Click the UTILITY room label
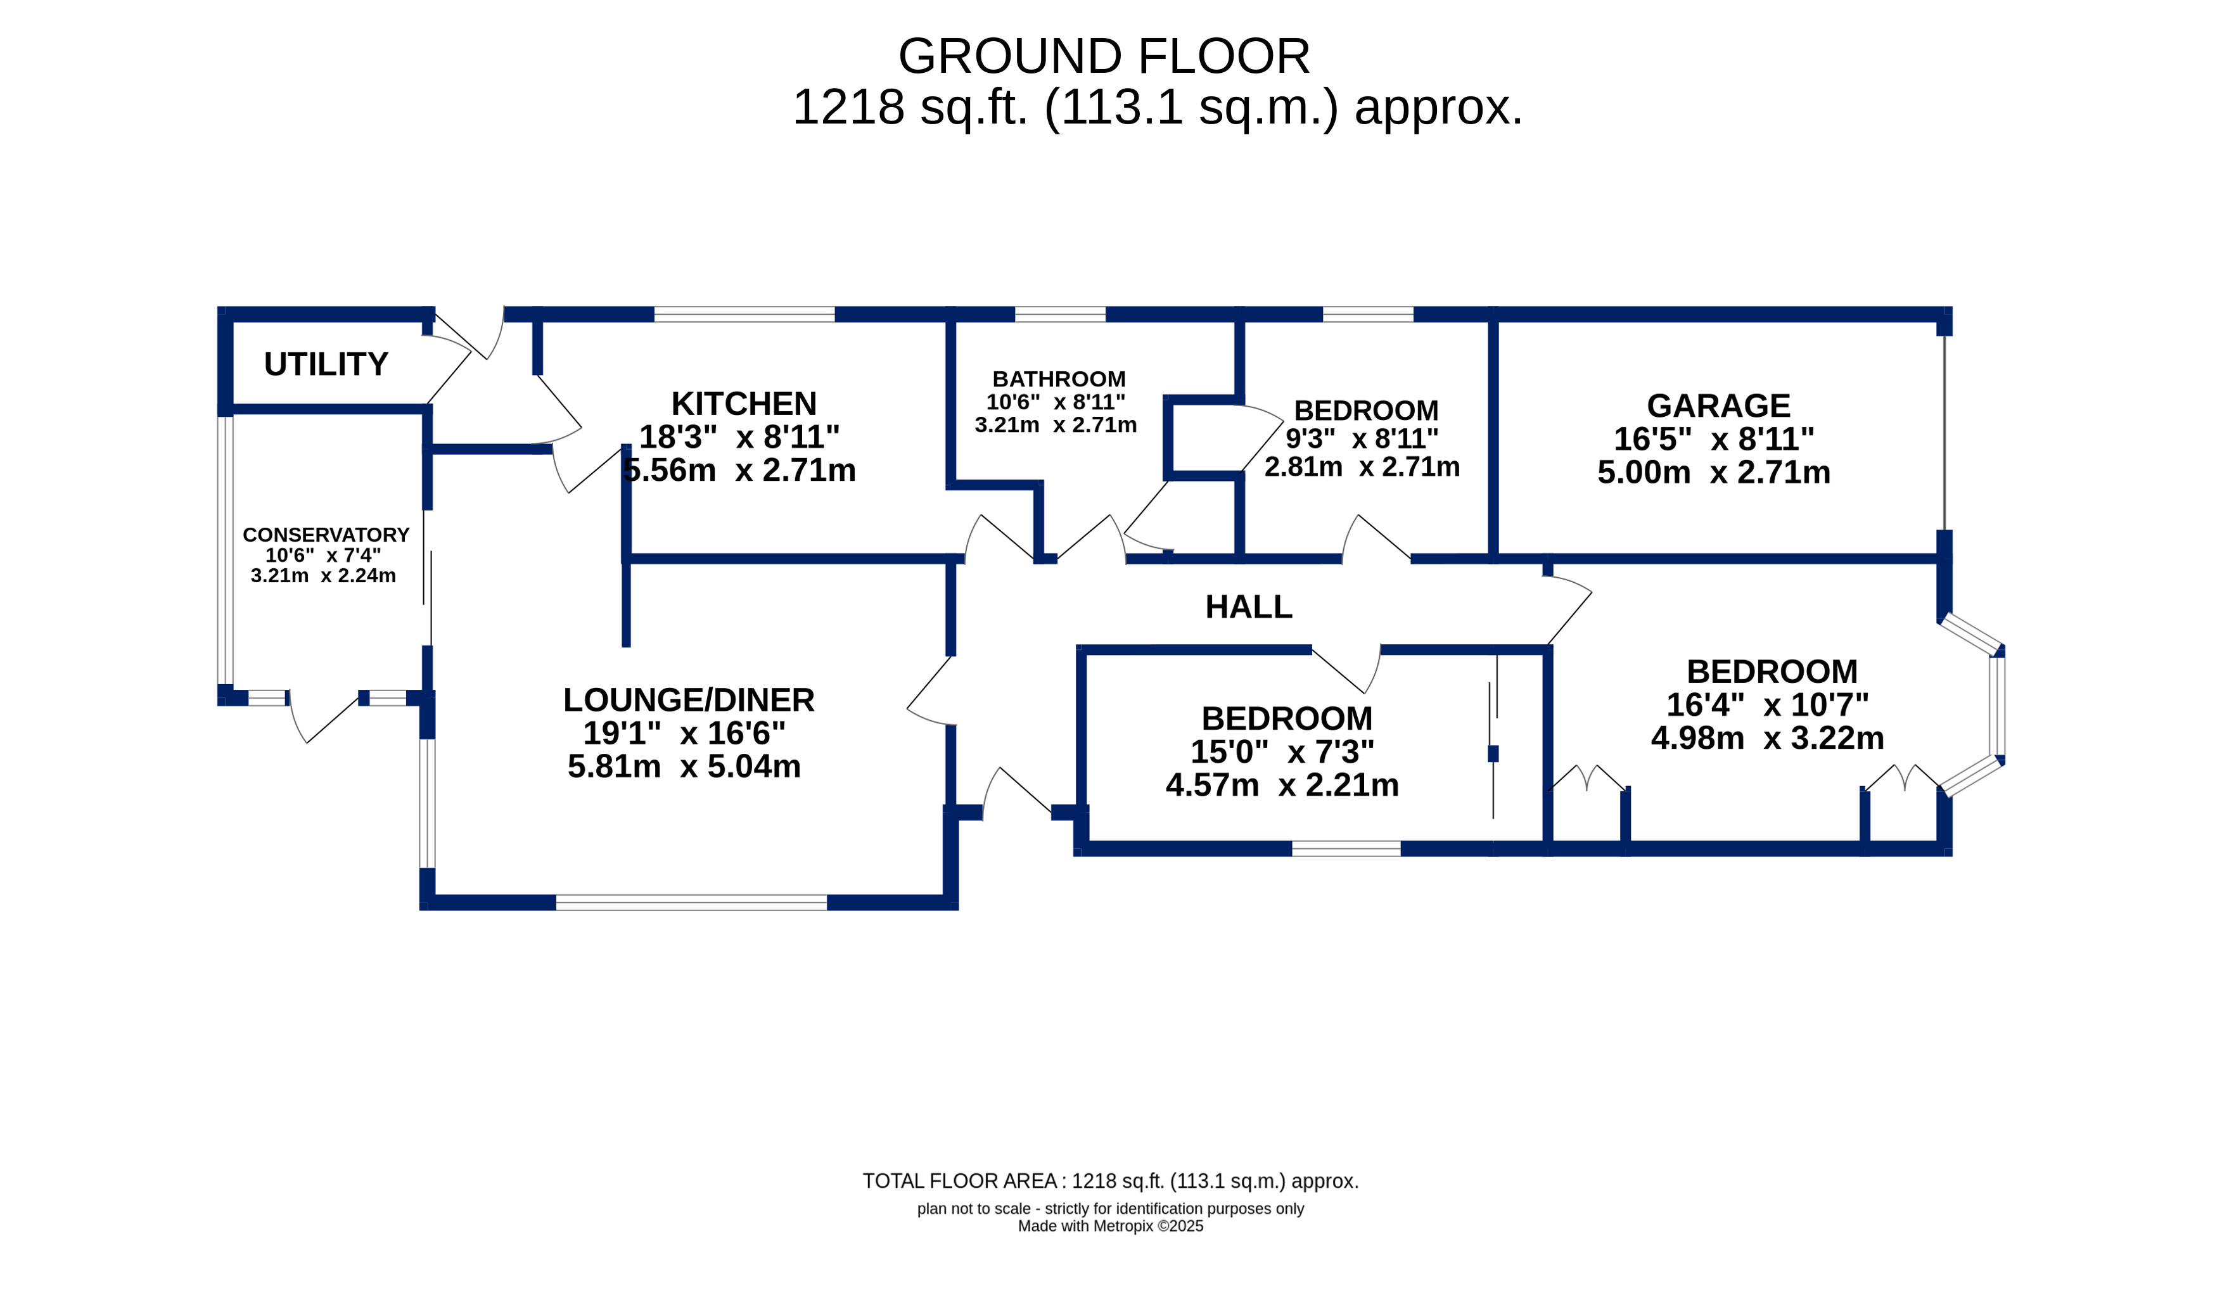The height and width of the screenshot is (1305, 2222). click(x=326, y=364)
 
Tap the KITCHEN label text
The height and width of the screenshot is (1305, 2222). click(x=744, y=404)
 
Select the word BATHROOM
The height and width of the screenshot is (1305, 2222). click(x=1059, y=379)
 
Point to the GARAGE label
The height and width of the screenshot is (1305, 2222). click(x=1718, y=405)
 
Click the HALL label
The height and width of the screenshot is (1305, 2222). click(x=1249, y=607)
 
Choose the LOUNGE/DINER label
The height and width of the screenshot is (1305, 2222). click(x=689, y=700)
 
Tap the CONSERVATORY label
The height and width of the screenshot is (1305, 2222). click(x=326, y=535)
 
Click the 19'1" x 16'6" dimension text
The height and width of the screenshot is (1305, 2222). click(x=684, y=733)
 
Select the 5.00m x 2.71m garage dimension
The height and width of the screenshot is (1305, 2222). click(x=1714, y=473)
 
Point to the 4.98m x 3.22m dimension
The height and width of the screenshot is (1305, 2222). click(x=1768, y=738)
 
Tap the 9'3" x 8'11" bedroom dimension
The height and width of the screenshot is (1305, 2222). click(x=1362, y=438)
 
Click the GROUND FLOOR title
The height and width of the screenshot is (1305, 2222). click(x=1104, y=56)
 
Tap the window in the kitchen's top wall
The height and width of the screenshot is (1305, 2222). click(x=744, y=315)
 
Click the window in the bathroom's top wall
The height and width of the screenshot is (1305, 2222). click(x=1060, y=315)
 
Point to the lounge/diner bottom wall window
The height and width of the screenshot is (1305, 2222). click(x=691, y=902)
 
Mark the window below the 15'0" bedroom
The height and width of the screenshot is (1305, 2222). click(x=1346, y=849)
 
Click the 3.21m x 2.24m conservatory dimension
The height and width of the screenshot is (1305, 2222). click(x=324, y=576)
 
